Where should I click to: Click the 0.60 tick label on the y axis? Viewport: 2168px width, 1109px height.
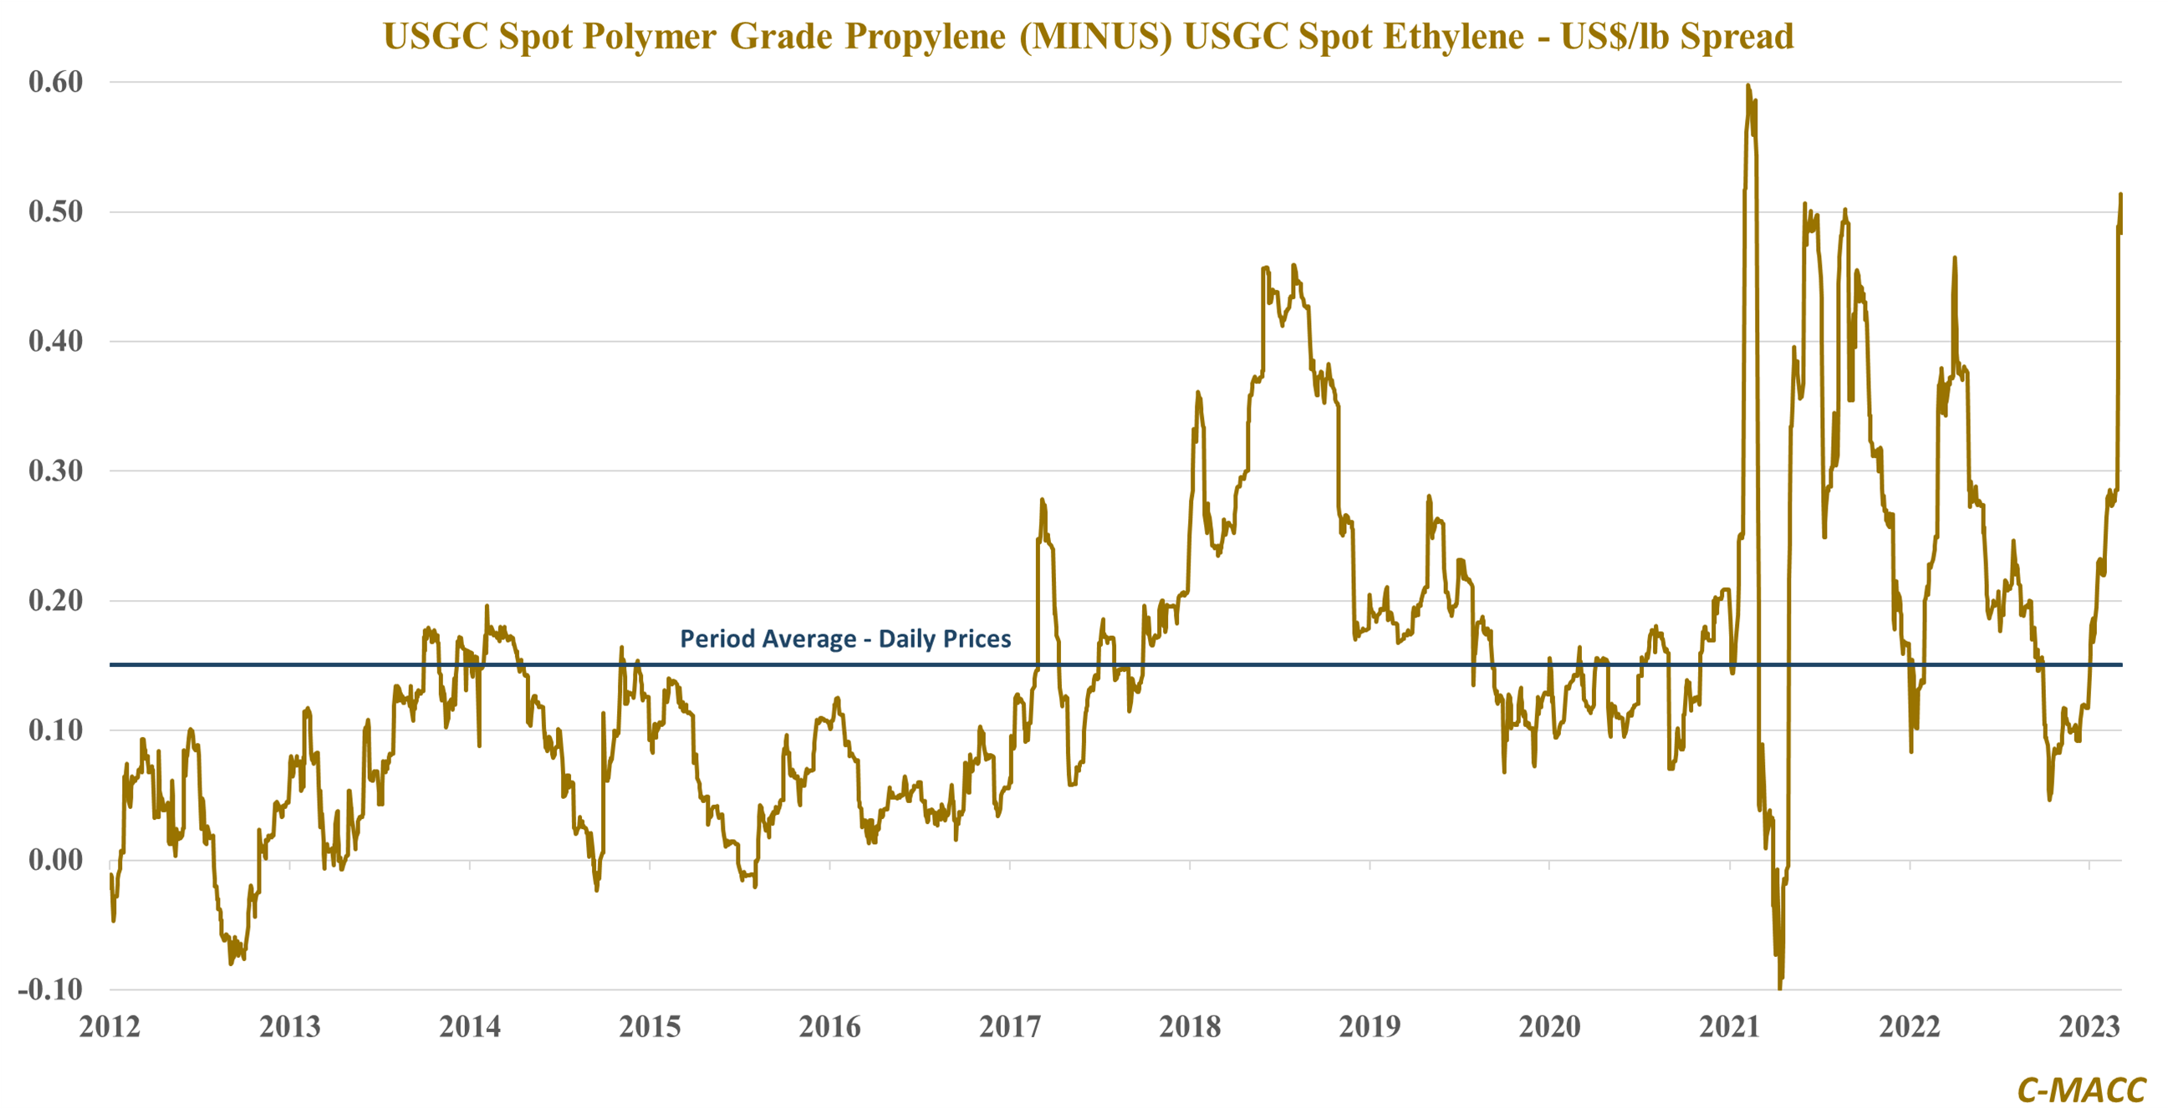pos(55,83)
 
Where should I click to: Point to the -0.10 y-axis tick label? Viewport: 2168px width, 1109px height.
pos(50,989)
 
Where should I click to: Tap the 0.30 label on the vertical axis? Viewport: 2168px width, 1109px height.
pos(55,471)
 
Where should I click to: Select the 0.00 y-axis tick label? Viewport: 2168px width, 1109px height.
pos(55,860)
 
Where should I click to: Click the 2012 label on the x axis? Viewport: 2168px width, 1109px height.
pos(110,1027)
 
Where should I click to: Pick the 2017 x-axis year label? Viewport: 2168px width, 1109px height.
pos(1009,1027)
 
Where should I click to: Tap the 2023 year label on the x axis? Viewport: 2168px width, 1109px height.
pos(2089,1027)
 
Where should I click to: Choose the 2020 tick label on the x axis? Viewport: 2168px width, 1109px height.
pos(1549,1027)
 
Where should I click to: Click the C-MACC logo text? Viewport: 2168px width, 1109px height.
pos(2081,1091)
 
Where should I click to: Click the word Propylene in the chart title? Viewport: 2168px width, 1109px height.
pos(925,37)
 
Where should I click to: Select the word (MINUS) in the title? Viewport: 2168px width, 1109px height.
pos(1095,37)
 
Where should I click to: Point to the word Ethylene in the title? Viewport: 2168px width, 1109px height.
pos(1452,37)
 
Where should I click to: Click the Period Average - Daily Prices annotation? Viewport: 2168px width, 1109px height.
pos(845,639)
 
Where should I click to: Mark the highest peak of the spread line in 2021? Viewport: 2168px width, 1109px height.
pos(1748,86)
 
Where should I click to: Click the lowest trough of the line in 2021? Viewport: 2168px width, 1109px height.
pos(1779,986)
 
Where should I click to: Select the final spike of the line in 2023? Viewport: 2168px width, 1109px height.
pos(2120,196)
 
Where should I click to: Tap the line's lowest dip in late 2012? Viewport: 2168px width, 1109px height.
pos(232,963)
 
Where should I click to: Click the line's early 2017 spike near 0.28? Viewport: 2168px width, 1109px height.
pos(1042,501)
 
